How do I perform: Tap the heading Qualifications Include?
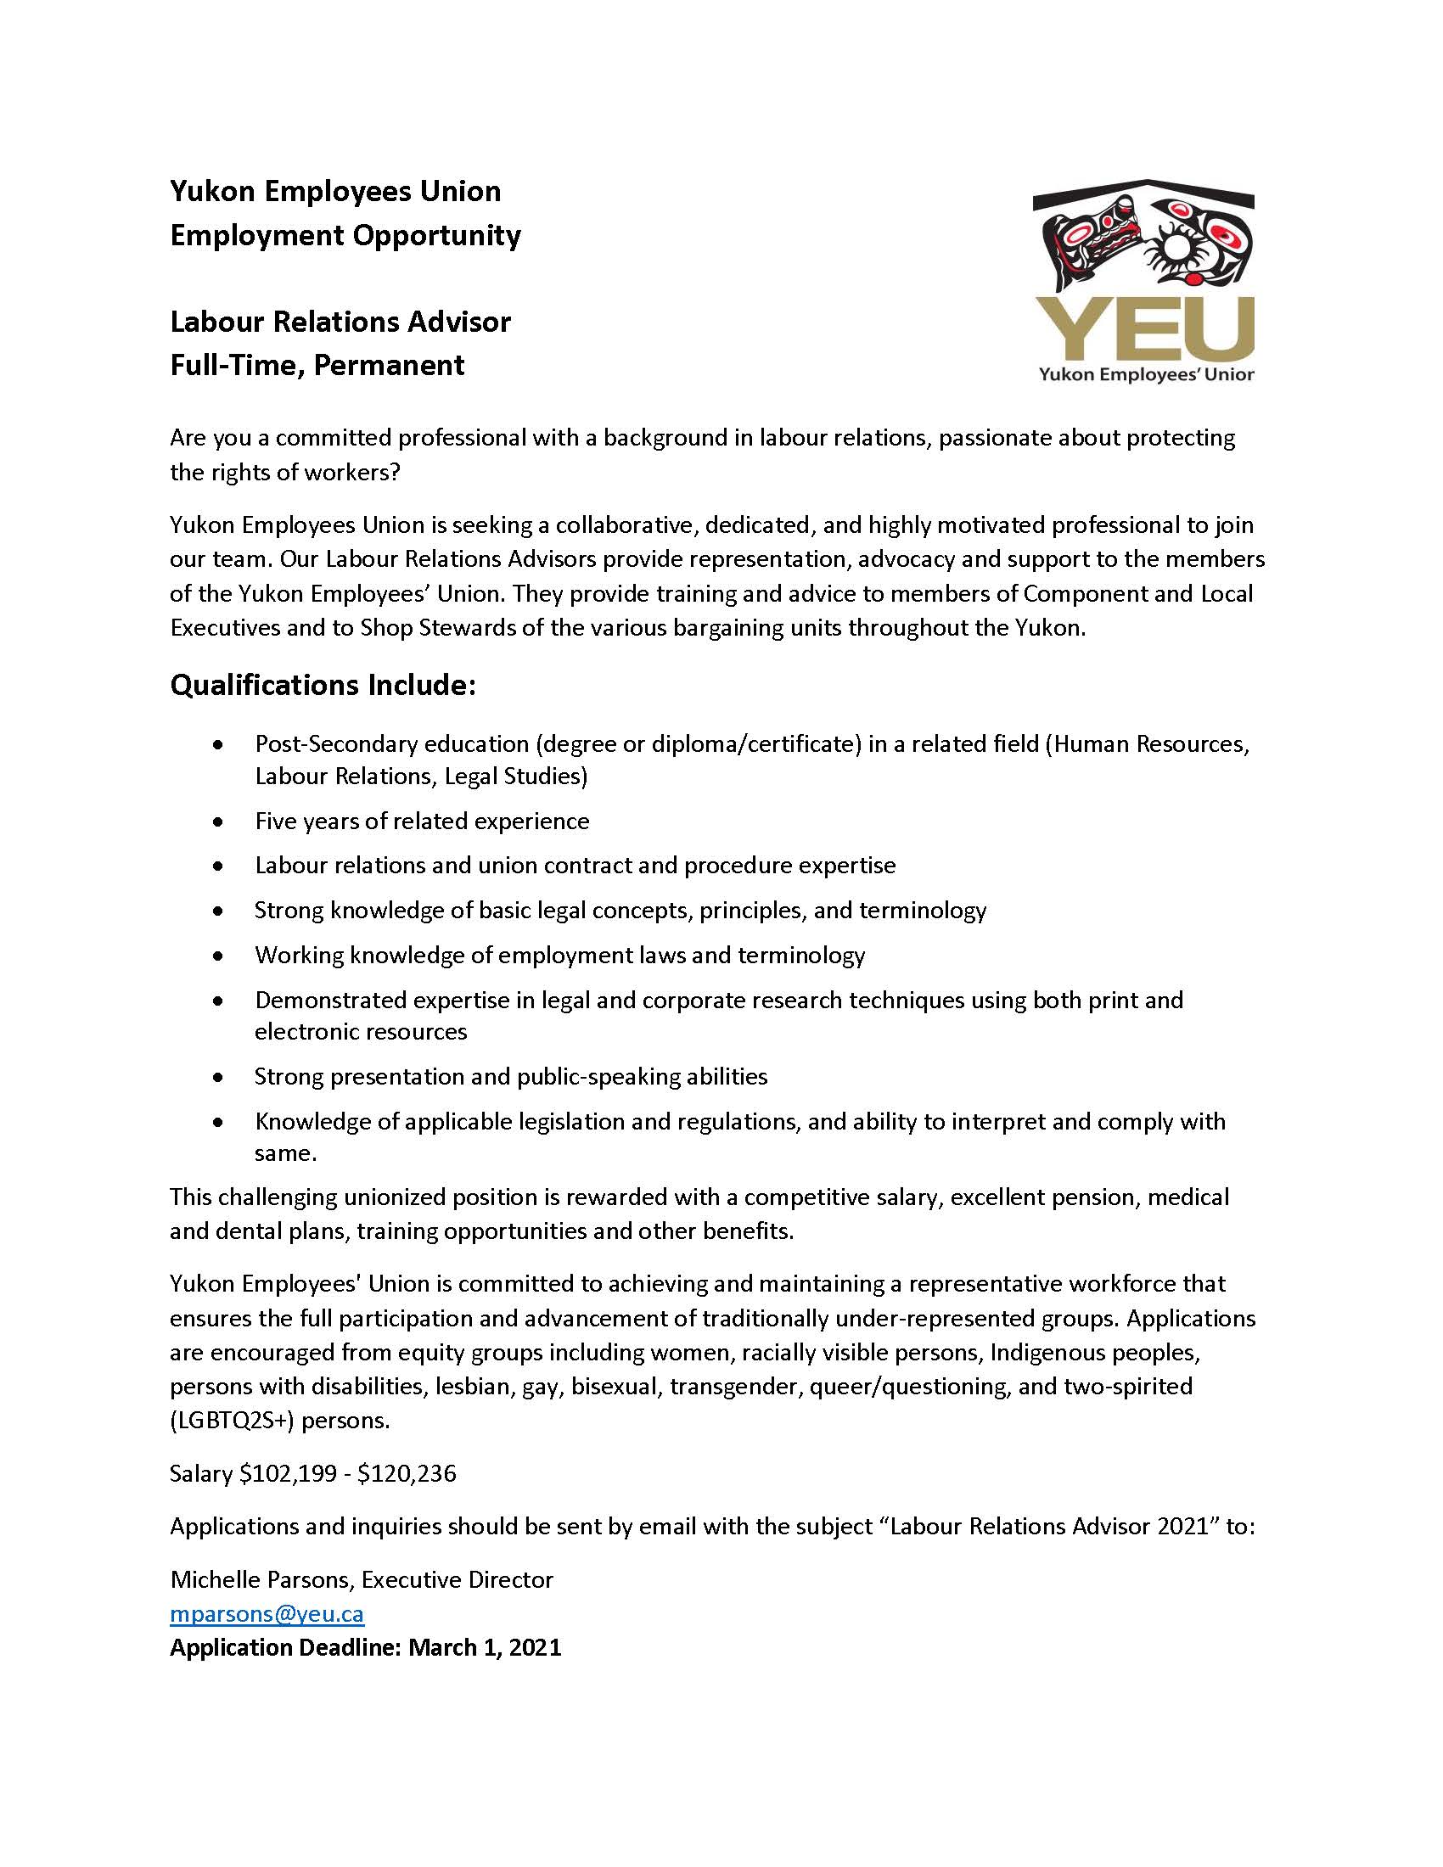coord(323,685)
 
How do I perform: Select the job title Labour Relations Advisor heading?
coord(340,322)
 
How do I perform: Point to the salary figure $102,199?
coord(288,1473)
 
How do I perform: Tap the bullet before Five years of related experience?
coord(220,821)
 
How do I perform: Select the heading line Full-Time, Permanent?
coord(317,365)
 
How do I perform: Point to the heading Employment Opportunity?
coord(345,235)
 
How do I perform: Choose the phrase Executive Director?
coord(458,1579)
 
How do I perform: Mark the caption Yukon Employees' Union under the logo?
coord(1146,374)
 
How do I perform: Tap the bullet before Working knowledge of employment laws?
coord(220,955)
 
